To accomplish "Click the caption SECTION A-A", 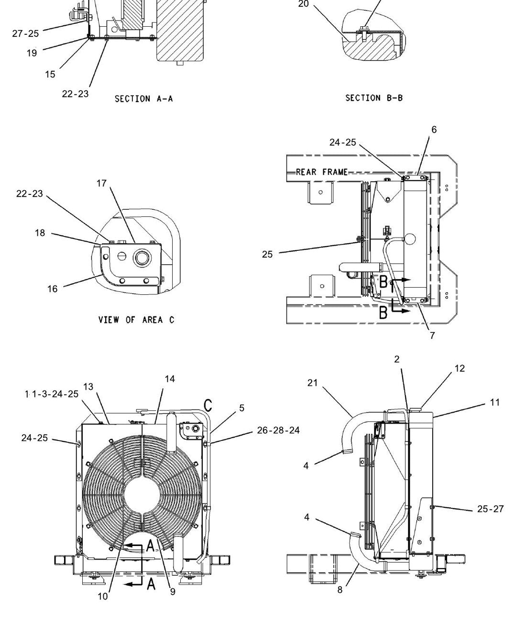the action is click(143, 99).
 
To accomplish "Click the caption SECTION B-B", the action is click(373, 98).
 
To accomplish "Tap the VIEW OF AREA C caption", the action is click(136, 320).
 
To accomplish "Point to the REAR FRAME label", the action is click(322, 172).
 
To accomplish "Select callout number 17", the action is click(102, 183).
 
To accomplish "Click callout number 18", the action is click(40, 233).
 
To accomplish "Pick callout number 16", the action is click(52, 289).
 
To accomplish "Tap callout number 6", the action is click(434, 129).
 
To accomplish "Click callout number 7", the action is click(432, 335).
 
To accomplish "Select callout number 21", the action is click(313, 383).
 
